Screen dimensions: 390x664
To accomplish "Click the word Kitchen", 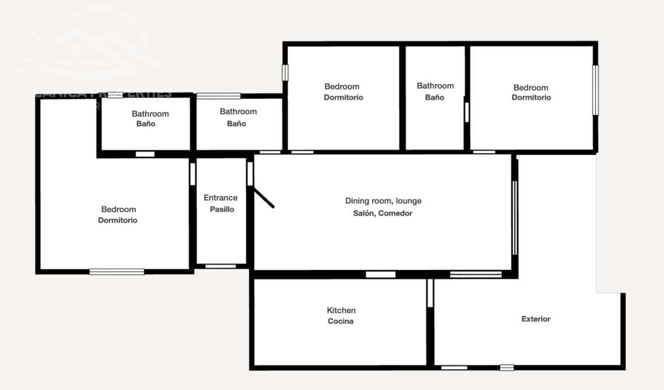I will pos(341,310).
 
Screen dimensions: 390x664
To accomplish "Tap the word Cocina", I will pos(341,321).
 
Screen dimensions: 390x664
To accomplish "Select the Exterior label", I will pos(536,319).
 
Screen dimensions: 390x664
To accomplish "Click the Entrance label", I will pos(221,198).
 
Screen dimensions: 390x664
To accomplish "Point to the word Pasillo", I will pos(222,209).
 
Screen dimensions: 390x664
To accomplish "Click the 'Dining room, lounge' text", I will pos(383,201).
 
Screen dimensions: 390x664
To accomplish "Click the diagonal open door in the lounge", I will pos(264,198).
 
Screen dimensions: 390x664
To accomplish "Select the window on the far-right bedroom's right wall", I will pos(595,90).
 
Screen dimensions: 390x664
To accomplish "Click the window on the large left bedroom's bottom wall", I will pos(117,271).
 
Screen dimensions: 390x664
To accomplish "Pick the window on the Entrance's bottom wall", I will pos(221,267).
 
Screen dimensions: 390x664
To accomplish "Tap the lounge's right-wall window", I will pos(515,217).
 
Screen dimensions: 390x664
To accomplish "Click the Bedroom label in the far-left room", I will pos(119,209).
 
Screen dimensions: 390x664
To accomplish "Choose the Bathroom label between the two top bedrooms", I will pos(435,86).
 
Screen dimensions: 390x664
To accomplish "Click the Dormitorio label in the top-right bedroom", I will pos(531,98).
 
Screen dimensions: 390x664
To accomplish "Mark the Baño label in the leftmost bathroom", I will pos(146,124).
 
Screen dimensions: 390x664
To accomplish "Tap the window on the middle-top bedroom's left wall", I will pos(285,72).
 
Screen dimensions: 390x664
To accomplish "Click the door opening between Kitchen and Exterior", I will pos(430,293).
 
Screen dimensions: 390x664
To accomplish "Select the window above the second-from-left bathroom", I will pos(218,96).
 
